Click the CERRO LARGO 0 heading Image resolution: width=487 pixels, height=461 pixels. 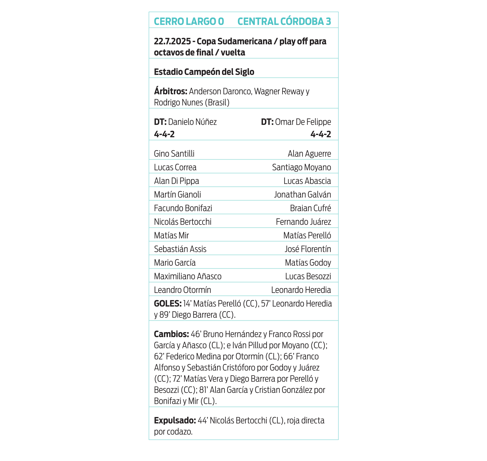189,21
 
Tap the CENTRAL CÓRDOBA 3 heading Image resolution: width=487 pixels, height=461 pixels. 284,21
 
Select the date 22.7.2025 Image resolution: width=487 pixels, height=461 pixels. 172,41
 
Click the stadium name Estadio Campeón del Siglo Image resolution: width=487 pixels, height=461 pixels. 204,72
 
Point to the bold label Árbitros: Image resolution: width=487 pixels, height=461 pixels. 170,91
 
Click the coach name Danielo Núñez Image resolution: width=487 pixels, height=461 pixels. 192,122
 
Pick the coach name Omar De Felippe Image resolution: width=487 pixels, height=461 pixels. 303,122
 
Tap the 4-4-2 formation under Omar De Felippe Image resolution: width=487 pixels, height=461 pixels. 321,134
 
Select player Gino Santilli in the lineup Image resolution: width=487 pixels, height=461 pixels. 174,154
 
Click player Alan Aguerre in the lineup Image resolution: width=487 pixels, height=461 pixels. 309,154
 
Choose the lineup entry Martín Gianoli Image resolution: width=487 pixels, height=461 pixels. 178,195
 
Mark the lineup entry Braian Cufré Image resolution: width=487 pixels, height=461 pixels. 311,208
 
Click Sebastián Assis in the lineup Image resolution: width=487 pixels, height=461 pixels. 180,249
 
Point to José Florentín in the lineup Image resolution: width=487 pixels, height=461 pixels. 308,249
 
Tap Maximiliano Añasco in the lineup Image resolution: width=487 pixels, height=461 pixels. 188,276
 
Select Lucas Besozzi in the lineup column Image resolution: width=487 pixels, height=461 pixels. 308,276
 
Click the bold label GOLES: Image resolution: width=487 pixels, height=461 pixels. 168,304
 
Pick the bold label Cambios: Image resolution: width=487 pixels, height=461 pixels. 171,334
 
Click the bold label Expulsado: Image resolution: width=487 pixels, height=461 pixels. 175,420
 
